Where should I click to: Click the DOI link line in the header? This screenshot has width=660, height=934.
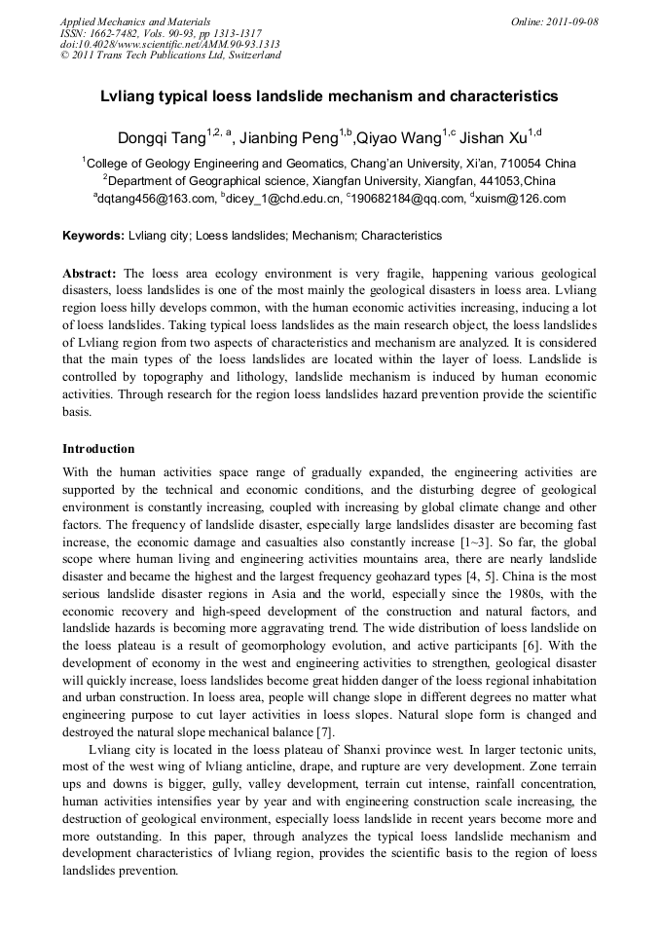170,44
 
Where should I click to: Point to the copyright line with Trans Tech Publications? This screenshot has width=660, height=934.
170,56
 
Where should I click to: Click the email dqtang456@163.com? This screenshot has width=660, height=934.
155,199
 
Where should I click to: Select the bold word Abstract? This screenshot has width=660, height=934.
90,274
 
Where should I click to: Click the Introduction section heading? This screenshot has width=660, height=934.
98,449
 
